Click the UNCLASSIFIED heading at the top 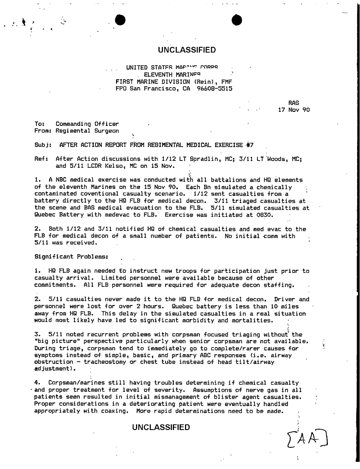[x=187, y=50]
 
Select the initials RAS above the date [x=294, y=103]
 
